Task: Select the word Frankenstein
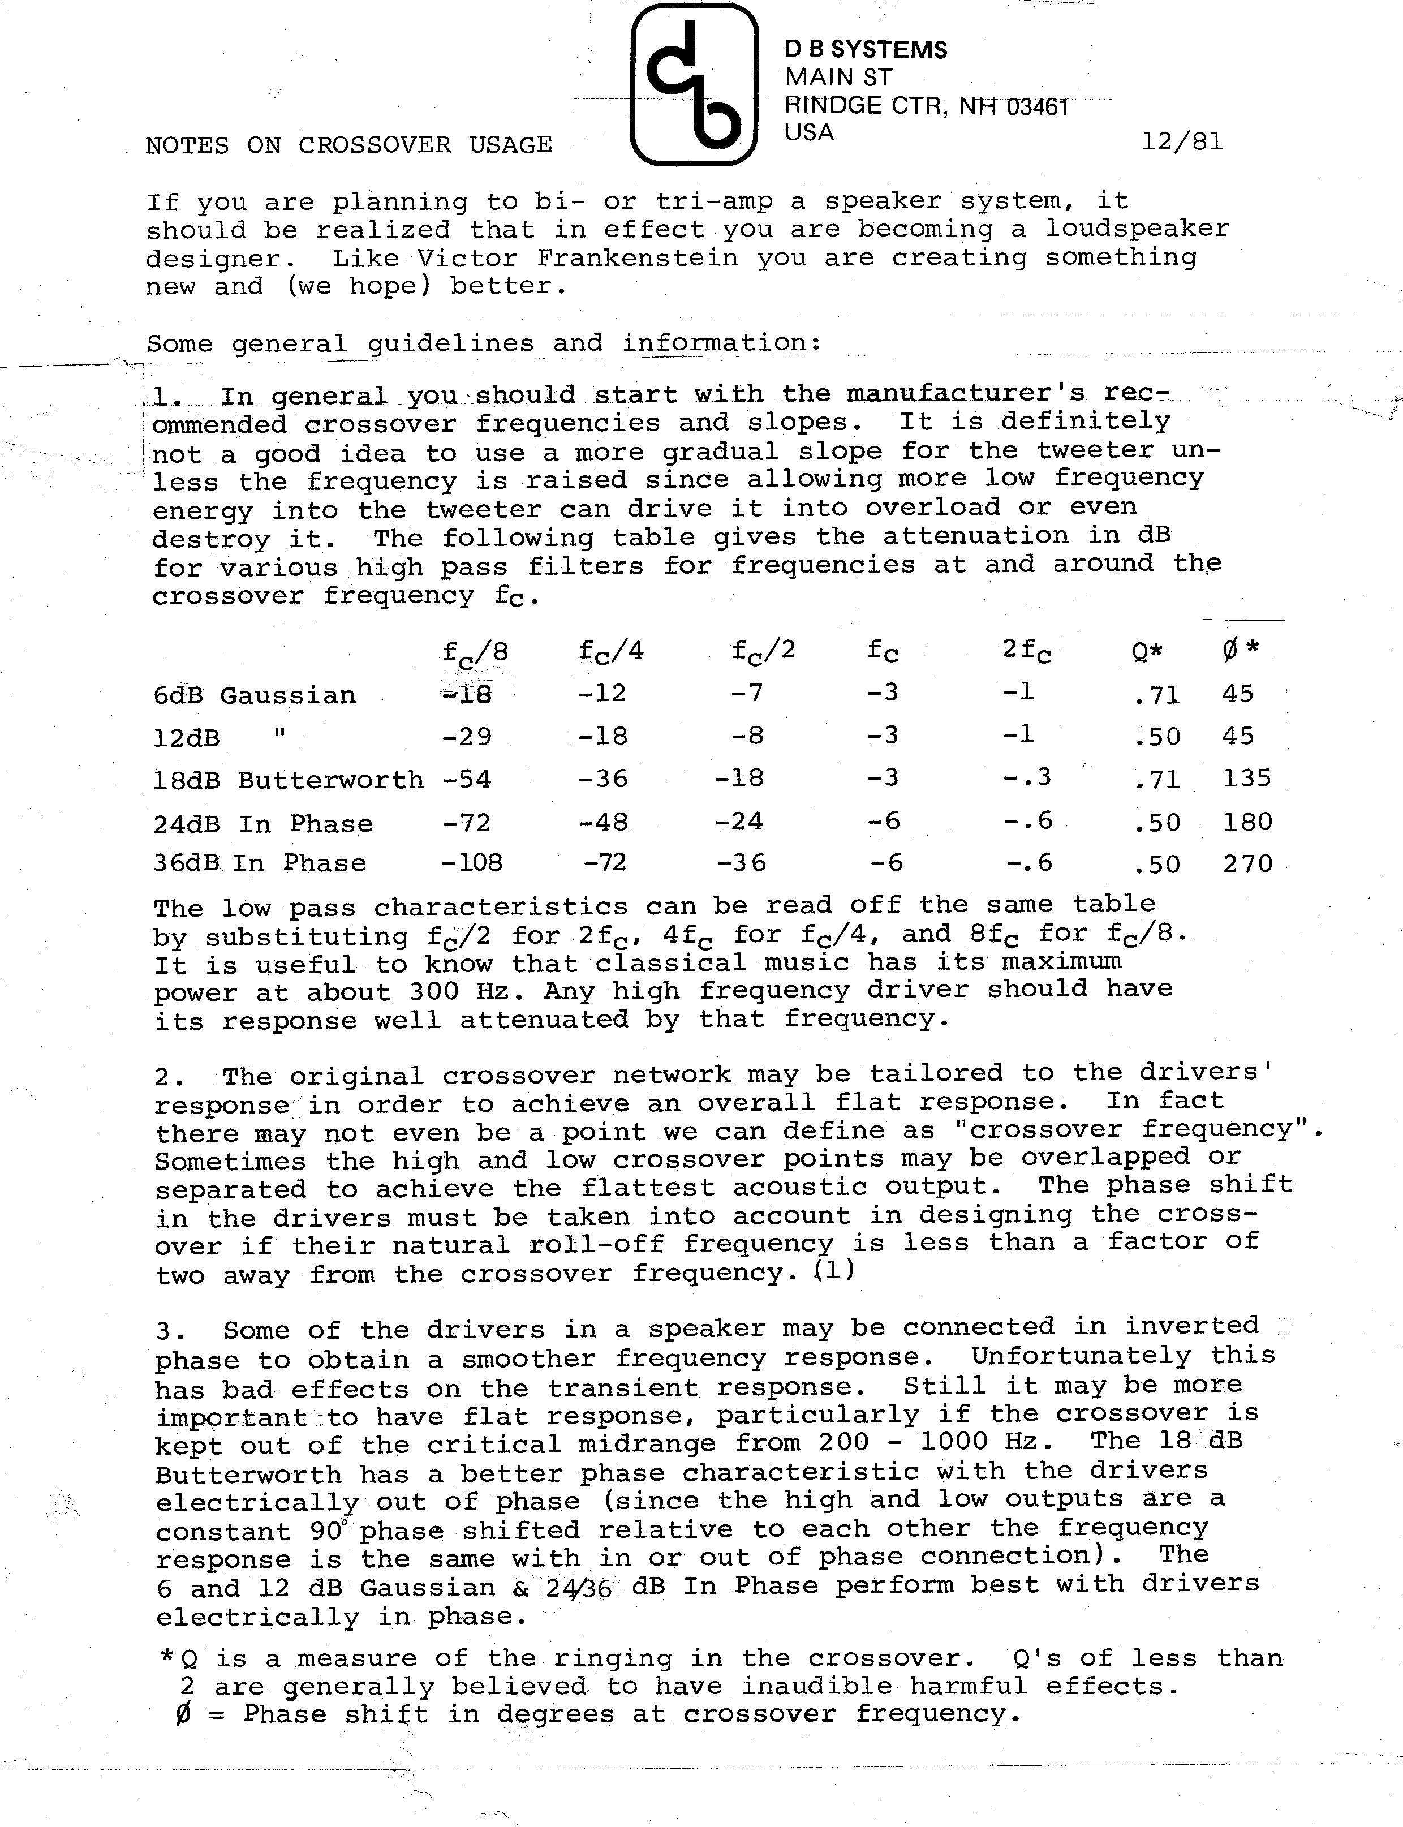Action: (637, 258)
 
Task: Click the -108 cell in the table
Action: (472, 862)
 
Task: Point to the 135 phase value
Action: (1247, 778)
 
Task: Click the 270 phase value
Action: (1247, 863)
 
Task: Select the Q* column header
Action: (1147, 651)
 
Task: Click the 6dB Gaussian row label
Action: (255, 695)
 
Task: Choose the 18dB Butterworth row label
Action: (288, 780)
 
